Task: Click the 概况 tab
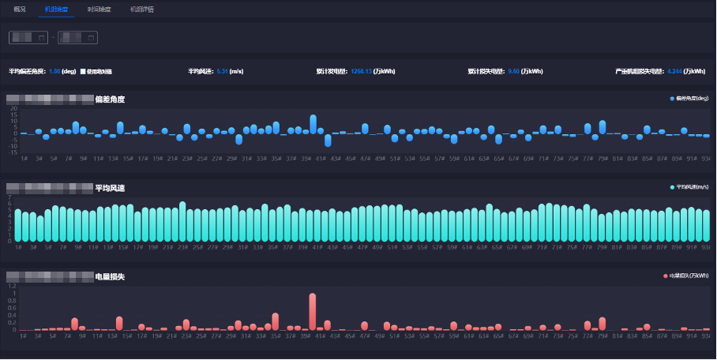[x=21, y=9]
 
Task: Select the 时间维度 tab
[x=99, y=9]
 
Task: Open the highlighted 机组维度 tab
[x=57, y=9]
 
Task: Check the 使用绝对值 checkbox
[x=83, y=71]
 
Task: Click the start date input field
[x=28, y=37]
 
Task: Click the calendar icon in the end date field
[x=92, y=37]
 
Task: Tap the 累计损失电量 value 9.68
[x=513, y=71]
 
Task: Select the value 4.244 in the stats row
[x=674, y=71]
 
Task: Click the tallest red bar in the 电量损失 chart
[x=313, y=312]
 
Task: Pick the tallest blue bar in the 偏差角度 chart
[x=313, y=124]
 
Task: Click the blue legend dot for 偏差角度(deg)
[x=672, y=99]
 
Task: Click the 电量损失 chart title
[x=109, y=277]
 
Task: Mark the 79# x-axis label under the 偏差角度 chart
[x=603, y=159]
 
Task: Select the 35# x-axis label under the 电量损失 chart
[x=276, y=336]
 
